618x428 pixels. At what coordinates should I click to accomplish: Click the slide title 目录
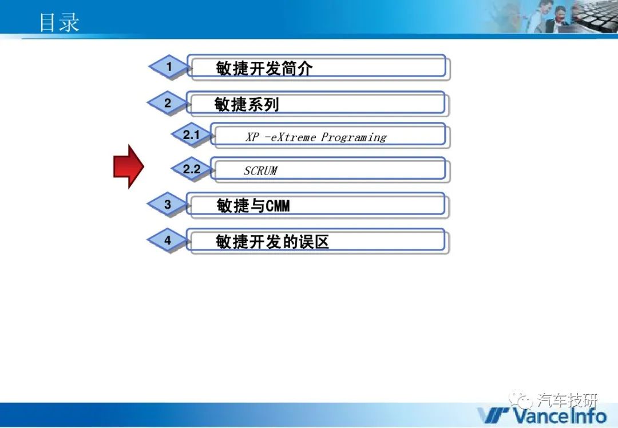59,22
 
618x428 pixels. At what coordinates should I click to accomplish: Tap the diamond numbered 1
169,66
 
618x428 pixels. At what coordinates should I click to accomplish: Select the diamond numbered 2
168,103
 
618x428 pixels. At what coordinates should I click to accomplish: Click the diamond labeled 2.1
191,135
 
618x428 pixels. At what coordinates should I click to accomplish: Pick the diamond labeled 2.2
191,169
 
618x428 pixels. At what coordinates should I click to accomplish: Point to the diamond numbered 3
168,204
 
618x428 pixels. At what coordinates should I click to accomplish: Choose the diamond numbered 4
168,240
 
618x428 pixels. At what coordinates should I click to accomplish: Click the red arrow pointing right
129,167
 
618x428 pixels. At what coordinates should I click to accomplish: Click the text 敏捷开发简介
264,68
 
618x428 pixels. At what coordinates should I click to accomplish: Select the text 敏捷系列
247,105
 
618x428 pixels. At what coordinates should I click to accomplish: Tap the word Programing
354,137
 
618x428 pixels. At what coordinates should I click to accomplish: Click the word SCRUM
260,171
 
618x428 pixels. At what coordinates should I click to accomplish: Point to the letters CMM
278,206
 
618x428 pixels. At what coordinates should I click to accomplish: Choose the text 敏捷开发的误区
272,241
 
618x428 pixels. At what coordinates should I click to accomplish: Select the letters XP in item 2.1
253,137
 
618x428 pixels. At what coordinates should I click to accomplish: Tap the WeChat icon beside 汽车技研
520,400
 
